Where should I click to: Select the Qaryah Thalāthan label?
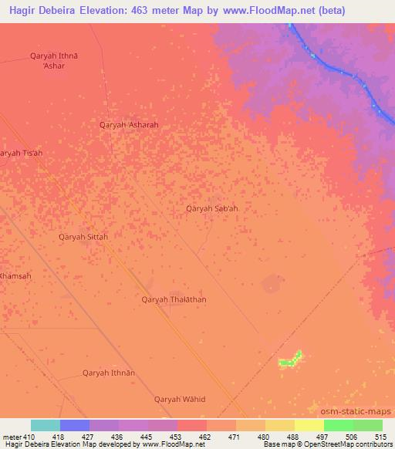[174, 299]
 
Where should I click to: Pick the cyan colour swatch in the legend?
[46, 425]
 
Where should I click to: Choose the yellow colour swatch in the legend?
[309, 425]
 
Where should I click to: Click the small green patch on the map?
[291, 359]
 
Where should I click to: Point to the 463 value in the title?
[149, 11]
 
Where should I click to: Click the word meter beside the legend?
[11, 437]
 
